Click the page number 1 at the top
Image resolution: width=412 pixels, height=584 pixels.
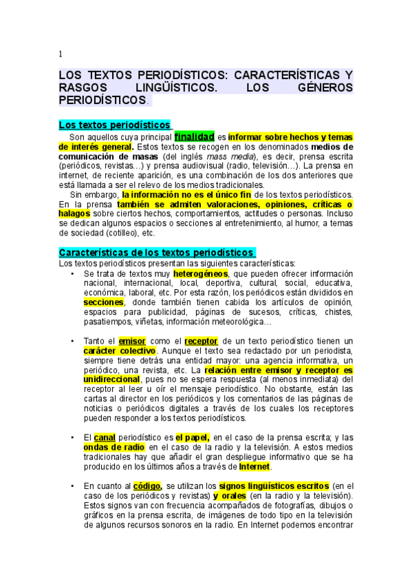point(61,54)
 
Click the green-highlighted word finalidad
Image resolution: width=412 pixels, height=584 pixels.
point(195,136)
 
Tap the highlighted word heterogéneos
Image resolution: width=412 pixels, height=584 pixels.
point(200,273)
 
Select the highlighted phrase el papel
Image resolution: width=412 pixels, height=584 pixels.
point(193,437)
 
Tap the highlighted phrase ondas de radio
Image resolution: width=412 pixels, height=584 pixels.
point(113,447)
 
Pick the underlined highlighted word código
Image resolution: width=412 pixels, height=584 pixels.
point(148,486)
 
